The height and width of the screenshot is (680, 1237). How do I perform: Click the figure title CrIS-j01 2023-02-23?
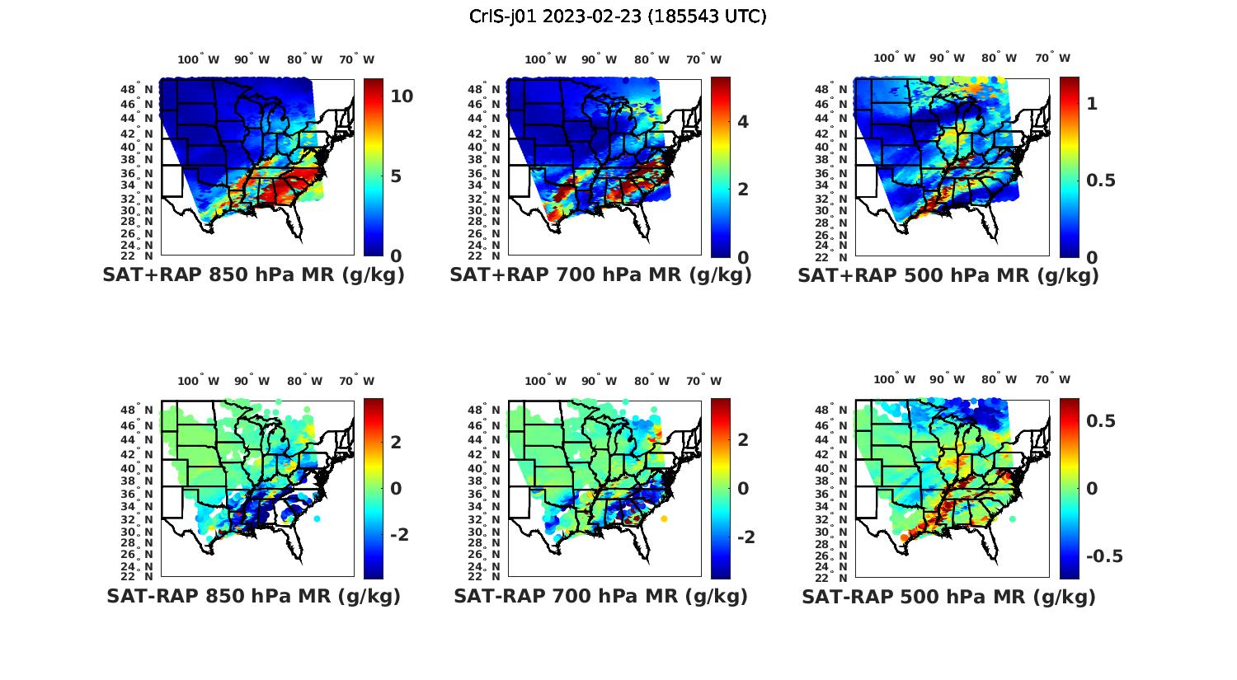click(618, 16)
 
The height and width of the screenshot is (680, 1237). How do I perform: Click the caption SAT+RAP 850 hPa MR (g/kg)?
click(253, 275)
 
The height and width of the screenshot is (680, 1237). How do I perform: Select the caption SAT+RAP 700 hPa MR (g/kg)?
click(600, 275)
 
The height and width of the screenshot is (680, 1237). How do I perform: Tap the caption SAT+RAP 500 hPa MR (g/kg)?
click(948, 275)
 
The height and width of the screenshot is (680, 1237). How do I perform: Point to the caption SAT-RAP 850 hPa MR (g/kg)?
click(253, 596)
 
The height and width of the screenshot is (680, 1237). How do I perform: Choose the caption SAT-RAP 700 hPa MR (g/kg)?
click(600, 596)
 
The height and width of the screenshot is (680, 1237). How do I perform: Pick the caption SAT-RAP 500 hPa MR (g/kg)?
click(948, 597)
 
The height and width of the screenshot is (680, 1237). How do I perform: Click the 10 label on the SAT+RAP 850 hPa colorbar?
click(402, 96)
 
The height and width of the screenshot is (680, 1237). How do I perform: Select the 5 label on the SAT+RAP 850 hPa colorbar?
click(396, 176)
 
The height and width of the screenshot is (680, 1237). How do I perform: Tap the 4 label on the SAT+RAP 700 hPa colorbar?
click(743, 122)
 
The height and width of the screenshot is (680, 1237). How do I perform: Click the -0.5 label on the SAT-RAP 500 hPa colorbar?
click(1104, 556)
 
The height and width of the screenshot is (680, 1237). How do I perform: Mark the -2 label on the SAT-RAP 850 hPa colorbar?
click(399, 535)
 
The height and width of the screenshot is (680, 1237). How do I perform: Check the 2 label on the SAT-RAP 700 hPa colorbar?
click(743, 440)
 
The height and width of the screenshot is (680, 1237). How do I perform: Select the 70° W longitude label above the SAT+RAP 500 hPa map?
click(1052, 58)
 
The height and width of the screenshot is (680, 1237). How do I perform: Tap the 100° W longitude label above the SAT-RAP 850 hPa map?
click(199, 381)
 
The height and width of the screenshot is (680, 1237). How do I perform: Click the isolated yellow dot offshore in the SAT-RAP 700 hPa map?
click(664, 518)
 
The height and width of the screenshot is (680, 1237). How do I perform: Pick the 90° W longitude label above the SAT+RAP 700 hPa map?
click(599, 59)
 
